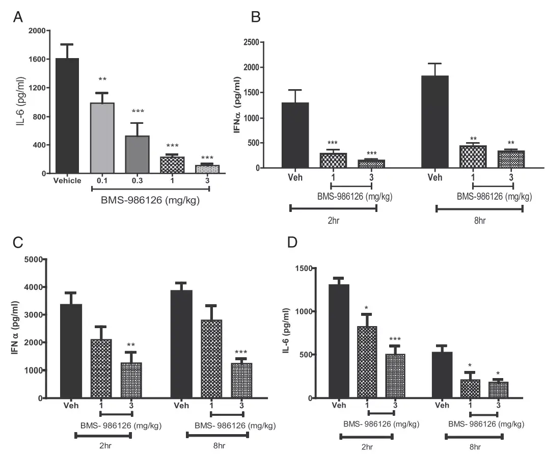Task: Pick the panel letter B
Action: pos(256,17)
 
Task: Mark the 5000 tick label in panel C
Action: pos(32,260)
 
